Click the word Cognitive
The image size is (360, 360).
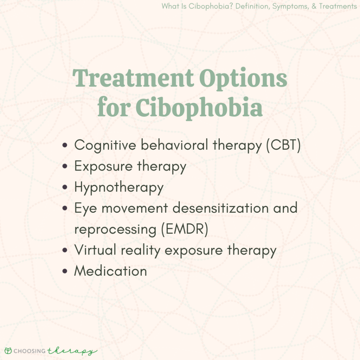tap(103, 146)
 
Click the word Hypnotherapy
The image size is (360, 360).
tap(119, 187)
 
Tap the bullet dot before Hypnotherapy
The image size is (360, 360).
tap(65, 187)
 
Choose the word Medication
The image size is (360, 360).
tap(110, 271)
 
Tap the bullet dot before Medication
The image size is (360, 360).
tap(65, 271)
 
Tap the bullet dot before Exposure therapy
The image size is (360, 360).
tap(65, 167)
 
